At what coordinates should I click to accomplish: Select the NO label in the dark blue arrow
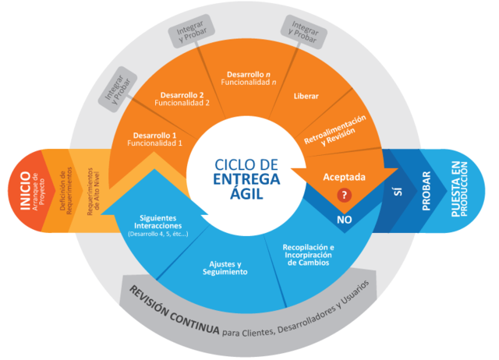coord(345,220)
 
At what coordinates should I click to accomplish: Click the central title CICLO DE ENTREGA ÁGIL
coord(246,178)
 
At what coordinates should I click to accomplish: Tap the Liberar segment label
coord(306,97)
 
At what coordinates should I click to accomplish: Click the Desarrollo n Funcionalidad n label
coord(246,77)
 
